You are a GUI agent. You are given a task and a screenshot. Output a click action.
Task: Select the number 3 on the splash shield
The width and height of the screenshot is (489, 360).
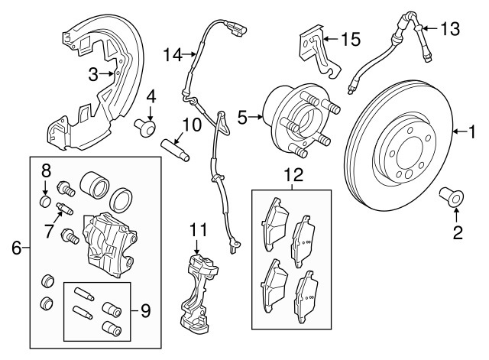(x=93, y=74)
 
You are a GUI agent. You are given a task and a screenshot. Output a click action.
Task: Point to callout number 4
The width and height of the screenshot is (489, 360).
(x=151, y=97)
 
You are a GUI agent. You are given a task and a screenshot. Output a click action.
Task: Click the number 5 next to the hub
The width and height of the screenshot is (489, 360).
(x=242, y=118)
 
